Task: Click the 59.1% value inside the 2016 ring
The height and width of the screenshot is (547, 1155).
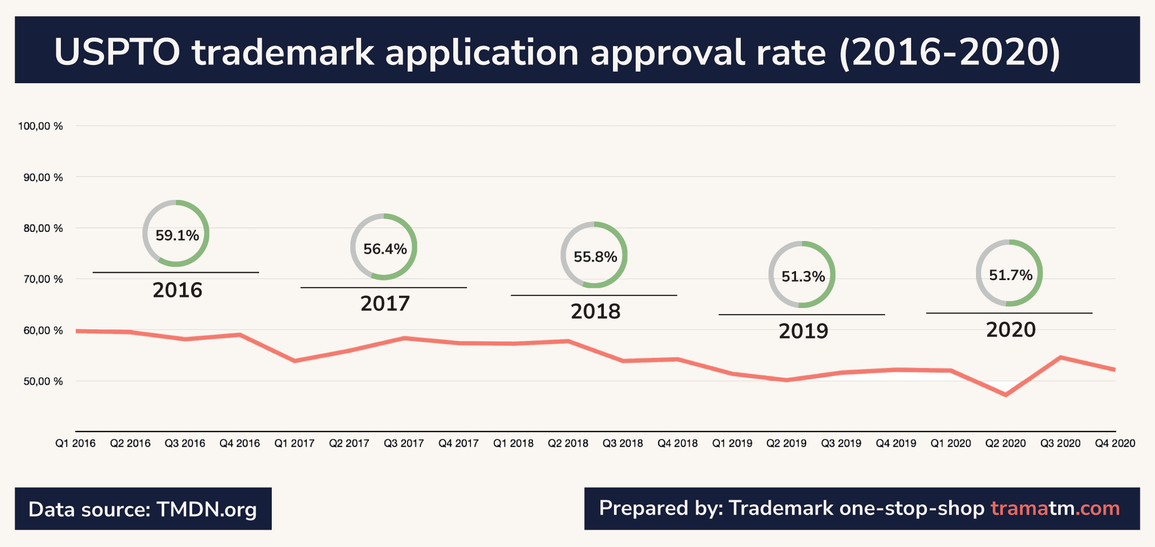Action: pos(177,235)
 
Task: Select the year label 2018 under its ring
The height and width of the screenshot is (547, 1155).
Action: pos(595,312)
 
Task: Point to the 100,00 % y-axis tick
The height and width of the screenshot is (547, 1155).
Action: pos(41,126)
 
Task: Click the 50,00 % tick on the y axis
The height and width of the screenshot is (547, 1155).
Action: pos(43,382)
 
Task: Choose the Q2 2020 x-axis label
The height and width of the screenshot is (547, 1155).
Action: pos(1005,443)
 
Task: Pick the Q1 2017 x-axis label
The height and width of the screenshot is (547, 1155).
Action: pos(294,443)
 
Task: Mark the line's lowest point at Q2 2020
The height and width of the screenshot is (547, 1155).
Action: pos(1005,395)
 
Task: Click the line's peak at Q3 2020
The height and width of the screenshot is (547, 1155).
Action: pos(1060,358)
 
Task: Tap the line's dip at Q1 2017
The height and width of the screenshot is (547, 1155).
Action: pos(295,361)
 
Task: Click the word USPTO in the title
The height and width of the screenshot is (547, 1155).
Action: pos(117,52)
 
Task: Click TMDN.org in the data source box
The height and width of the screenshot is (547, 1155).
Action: pos(206,509)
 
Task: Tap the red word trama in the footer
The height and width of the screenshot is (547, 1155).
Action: pos(1019,508)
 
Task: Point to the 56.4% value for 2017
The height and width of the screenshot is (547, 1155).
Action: pos(385,249)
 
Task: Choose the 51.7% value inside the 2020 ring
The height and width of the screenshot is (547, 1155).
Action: pos(1010,275)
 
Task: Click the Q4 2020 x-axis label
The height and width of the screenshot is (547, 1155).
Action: pos(1114,443)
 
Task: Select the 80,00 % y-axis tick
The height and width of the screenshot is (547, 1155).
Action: pos(43,228)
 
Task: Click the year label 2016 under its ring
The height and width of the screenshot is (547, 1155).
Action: pos(177,290)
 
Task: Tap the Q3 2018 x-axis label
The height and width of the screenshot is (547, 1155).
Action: pos(622,443)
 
